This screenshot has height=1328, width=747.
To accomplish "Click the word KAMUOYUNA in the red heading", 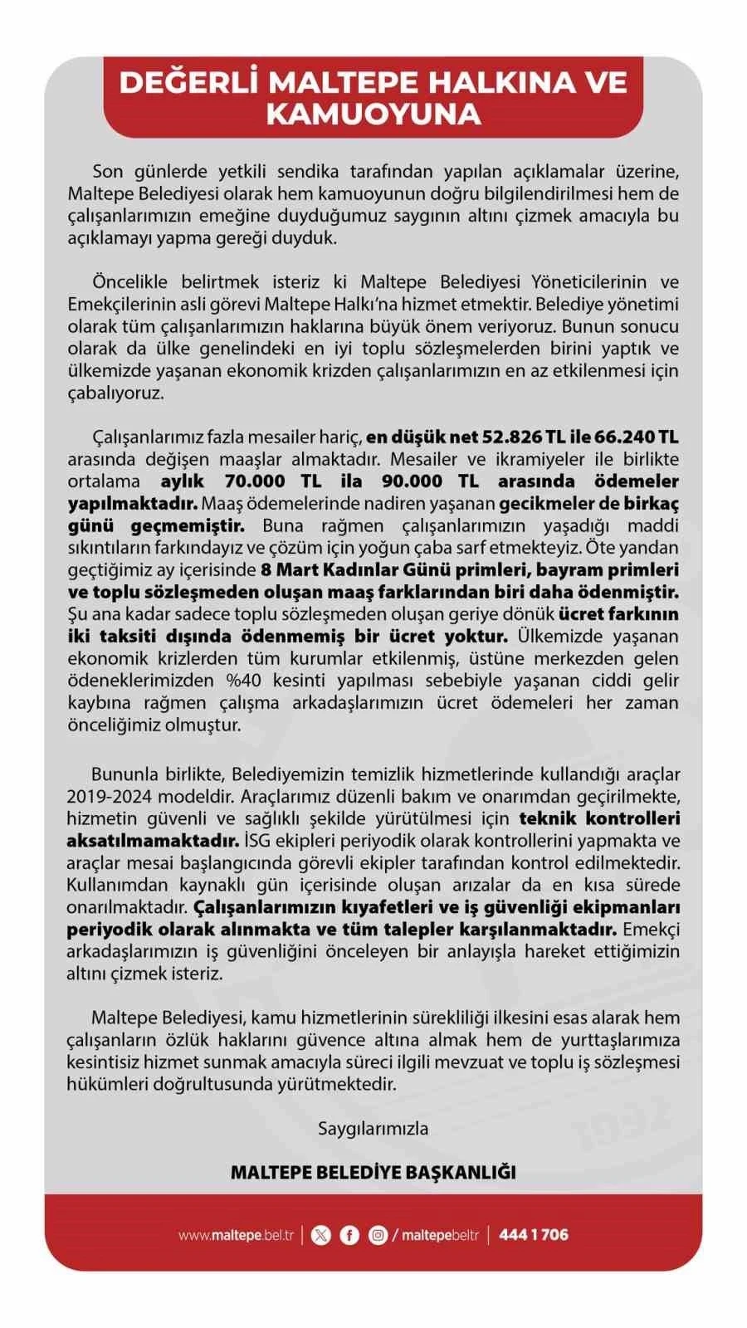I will (373, 114).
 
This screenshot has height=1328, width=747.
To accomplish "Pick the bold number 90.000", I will (426, 481).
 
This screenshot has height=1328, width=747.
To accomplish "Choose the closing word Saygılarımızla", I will (373, 1128).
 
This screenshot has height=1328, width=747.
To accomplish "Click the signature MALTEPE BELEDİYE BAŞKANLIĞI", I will (373, 1172).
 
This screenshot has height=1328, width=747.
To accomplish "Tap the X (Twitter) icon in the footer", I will (320, 1235).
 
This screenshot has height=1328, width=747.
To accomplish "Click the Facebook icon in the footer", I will (349, 1235).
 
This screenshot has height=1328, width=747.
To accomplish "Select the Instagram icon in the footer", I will (378, 1235).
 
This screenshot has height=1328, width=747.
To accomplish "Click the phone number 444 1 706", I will (534, 1235).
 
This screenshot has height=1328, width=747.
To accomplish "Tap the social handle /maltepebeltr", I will (437, 1235).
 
